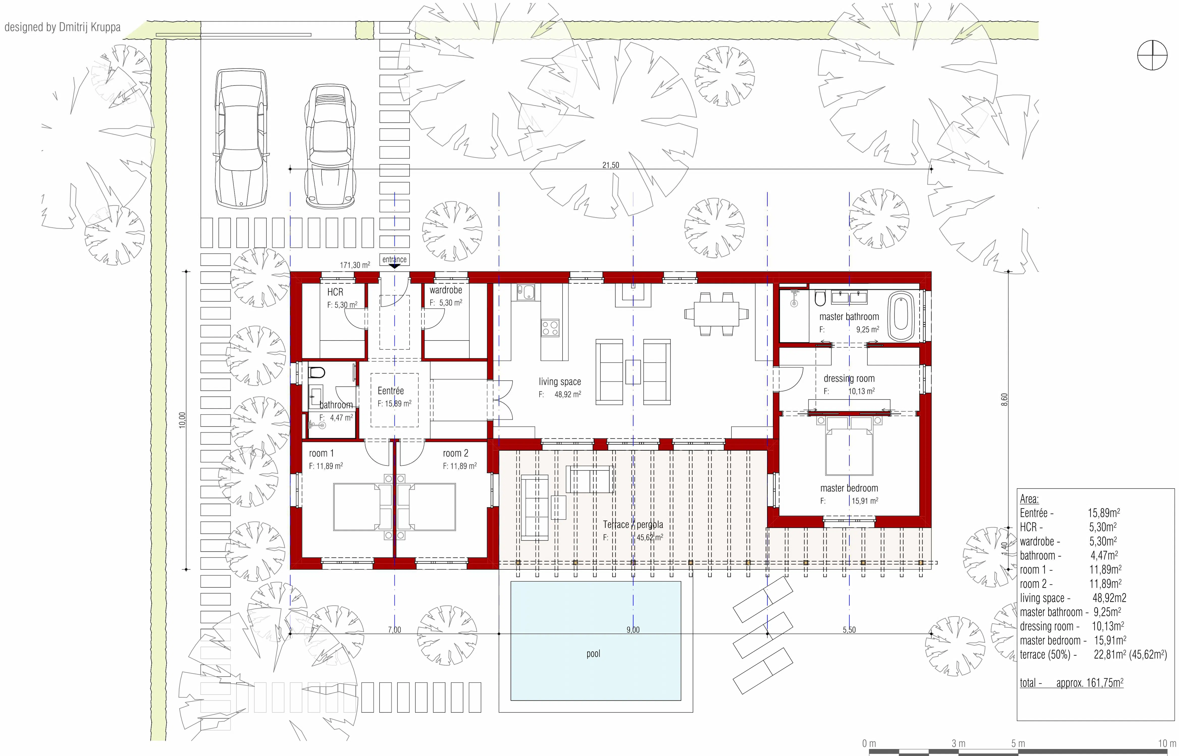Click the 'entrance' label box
coord(395,259)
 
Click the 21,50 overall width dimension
coord(611,165)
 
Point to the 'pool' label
coord(593,654)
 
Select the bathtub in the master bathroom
coord(901,317)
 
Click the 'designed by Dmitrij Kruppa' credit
coord(62,27)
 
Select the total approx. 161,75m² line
coord(1071,682)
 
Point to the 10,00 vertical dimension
coord(182,420)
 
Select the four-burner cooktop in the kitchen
coord(550,327)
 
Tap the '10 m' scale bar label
coord(1167,743)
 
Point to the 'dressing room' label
coord(849,379)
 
